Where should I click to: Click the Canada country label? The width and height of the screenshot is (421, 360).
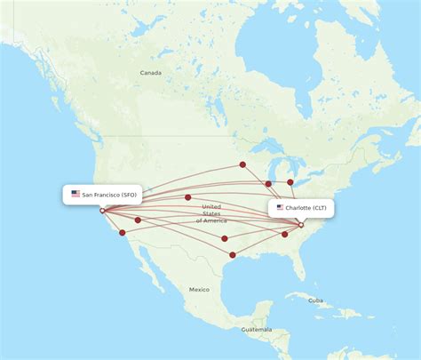pos(150,73)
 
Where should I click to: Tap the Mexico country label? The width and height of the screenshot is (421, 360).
pos(198,290)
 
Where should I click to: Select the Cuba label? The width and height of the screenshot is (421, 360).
pos(315,300)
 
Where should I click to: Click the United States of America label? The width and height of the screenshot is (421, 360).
pos(211,213)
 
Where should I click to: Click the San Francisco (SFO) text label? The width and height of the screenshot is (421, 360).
pos(109,194)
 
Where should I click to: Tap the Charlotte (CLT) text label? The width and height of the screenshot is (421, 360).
pos(306,207)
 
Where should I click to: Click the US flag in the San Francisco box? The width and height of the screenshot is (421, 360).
pos(75,194)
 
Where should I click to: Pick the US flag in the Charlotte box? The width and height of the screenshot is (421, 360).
pos(281,207)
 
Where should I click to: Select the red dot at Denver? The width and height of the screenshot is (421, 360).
pos(187,197)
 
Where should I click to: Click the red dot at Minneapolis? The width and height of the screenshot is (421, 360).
pos(242,164)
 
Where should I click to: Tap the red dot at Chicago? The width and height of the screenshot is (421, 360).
pos(268,184)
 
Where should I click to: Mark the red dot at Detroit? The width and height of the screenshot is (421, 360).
pos(290,182)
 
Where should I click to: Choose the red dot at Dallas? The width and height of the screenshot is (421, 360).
pos(225,238)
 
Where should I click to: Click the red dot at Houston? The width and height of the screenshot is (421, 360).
pos(232,255)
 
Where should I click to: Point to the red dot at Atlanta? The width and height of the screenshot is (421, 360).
pos(285,235)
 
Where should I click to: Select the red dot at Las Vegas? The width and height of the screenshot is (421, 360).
pos(138,220)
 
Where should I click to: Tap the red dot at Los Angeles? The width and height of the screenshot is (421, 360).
pos(123,234)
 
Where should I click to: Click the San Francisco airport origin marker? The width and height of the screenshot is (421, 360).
pos(102,211)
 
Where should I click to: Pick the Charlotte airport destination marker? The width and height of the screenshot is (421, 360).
pos(301,225)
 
